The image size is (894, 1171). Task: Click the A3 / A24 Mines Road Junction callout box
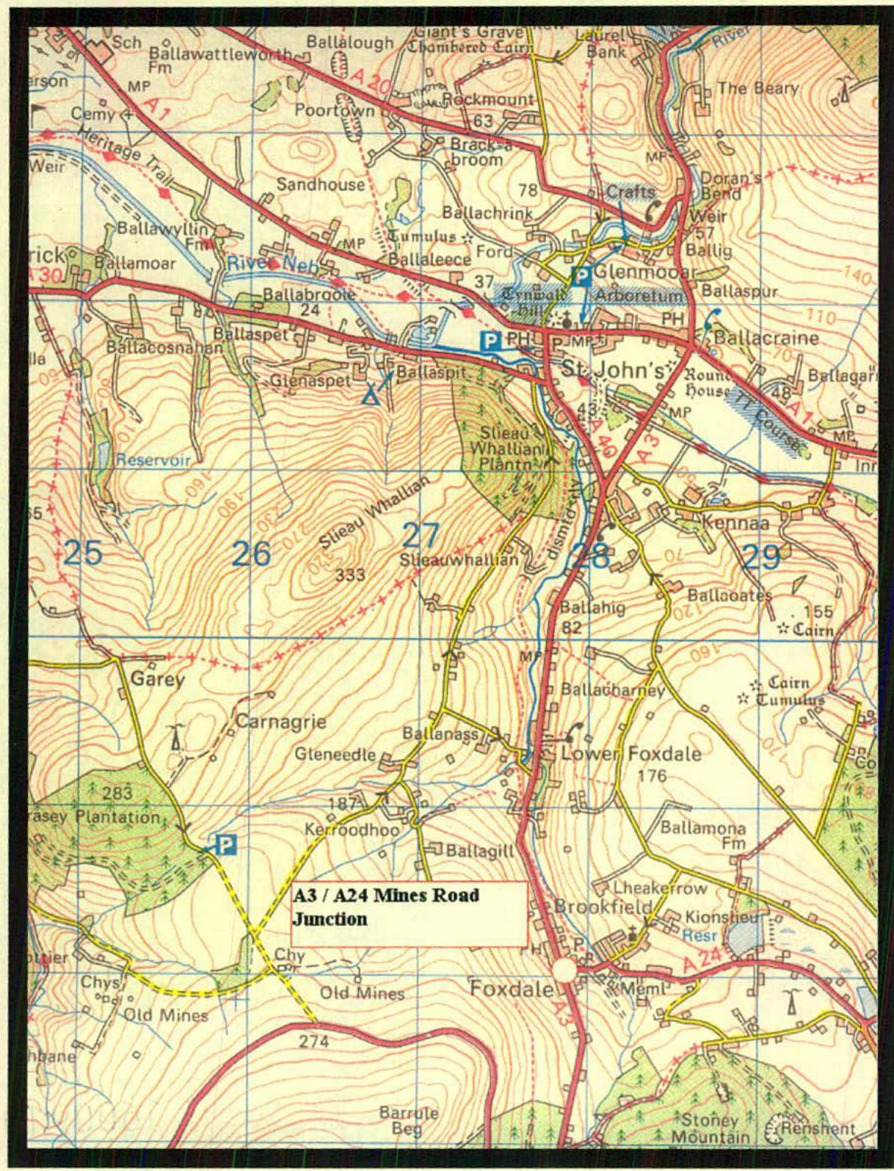(x=408, y=913)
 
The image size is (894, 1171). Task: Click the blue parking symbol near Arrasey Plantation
(x=227, y=844)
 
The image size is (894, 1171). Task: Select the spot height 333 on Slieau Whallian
(x=350, y=574)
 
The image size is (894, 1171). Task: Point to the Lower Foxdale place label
(x=630, y=754)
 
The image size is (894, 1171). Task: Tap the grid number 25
(x=82, y=552)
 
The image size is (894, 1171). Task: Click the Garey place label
(x=157, y=678)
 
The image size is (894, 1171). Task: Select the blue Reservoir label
(x=153, y=460)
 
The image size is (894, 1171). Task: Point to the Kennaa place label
(x=735, y=523)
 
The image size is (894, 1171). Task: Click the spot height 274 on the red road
(x=314, y=1041)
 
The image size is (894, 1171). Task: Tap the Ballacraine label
(x=766, y=338)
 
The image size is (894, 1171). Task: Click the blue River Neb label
(x=273, y=264)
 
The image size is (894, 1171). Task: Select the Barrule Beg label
(x=409, y=1120)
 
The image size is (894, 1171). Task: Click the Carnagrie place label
(x=281, y=722)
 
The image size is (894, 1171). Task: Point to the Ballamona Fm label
(x=702, y=835)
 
